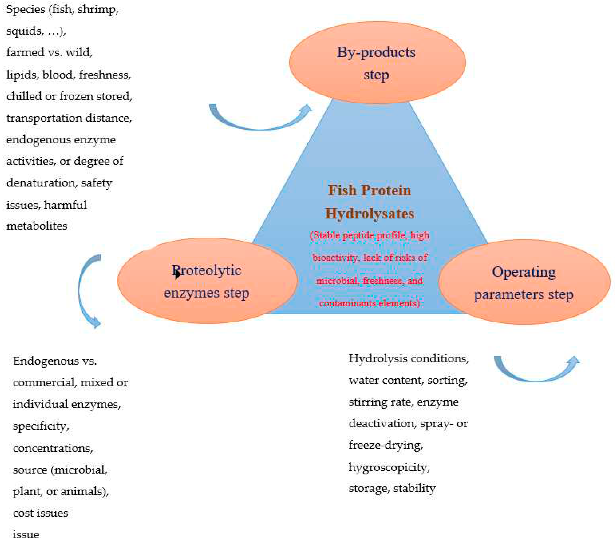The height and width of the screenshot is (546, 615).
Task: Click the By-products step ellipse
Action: (377, 63)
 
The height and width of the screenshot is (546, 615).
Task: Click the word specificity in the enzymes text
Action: (41, 426)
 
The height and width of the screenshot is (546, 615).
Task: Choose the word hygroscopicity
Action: (389, 467)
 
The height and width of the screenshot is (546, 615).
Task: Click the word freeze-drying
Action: (386, 445)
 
